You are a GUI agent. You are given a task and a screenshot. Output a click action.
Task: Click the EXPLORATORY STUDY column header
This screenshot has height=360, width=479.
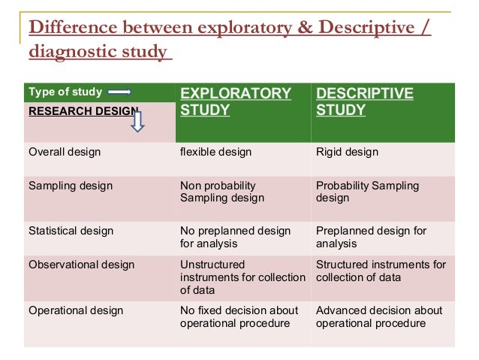tap(235, 102)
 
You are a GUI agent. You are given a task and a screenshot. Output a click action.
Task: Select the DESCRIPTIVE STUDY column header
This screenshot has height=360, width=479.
tap(365, 102)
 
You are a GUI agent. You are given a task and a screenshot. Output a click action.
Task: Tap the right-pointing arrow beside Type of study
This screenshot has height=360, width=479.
tap(120, 92)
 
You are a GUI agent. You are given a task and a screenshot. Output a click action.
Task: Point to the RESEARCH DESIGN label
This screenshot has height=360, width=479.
tap(83, 111)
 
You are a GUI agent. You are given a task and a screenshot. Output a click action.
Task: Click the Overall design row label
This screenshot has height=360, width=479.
tap(65, 153)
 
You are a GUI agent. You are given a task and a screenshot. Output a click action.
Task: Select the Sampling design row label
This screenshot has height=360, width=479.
tap(70, 186)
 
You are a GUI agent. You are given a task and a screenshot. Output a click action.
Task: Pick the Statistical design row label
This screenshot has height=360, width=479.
tap(71, 231)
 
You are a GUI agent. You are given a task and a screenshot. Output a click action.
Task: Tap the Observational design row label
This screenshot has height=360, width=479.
tap(81, 265)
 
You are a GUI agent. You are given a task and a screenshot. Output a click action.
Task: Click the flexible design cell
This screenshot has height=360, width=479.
tap(215, 153)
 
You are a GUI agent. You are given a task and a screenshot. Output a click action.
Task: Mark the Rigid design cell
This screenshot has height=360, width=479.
tap(347, 153)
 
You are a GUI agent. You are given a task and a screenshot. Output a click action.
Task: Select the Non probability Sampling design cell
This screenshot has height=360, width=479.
tap(222, 192)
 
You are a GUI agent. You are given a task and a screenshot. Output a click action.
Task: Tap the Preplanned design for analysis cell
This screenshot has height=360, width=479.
tap(360, 237)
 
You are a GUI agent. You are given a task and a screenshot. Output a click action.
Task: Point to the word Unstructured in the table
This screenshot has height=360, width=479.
tap(212, 265)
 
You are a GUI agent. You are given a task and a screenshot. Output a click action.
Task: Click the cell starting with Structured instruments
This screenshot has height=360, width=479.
tap(381, 271)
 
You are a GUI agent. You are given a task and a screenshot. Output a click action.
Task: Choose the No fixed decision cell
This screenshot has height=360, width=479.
tap(239, 316)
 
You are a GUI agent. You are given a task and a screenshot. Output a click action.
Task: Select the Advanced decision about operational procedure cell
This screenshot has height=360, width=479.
tap(379, 316)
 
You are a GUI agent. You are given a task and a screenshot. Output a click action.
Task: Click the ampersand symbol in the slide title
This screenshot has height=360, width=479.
tap(302, 29)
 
